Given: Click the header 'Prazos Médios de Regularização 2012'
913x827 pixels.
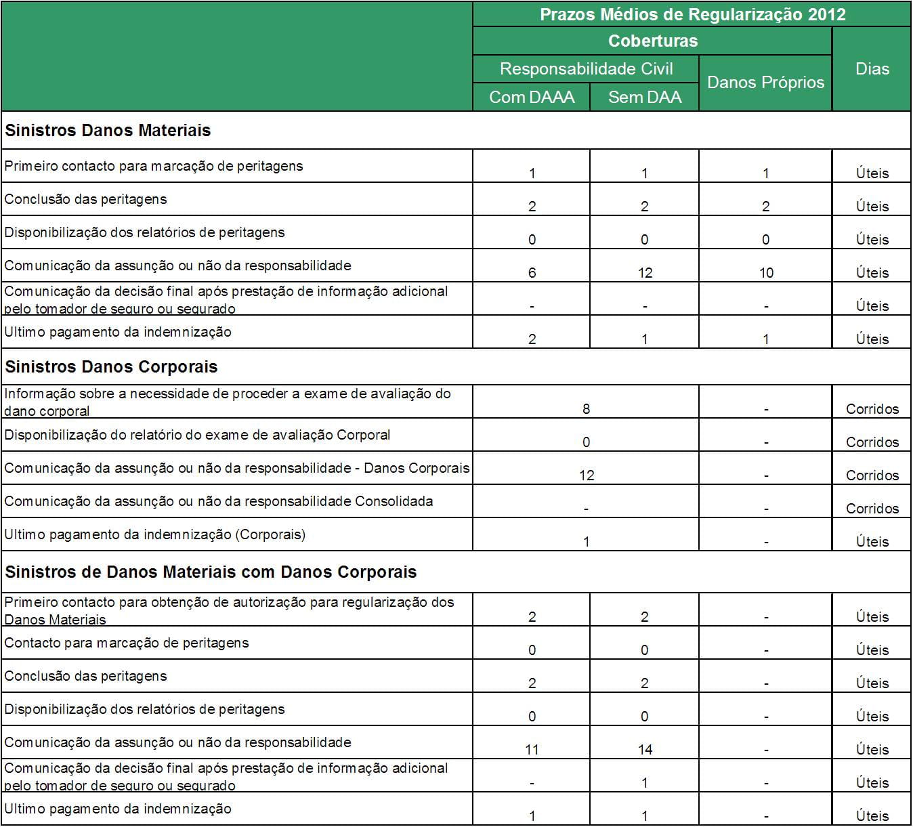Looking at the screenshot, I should click(x=692, y=14).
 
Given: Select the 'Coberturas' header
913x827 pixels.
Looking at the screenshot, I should click(x=652, y=41).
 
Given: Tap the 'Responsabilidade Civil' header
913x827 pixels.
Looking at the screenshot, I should click(x=586, y=69).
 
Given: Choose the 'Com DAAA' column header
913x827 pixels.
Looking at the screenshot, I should click(x=532, y=98).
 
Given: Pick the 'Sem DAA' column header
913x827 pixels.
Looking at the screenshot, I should click(x=644, y=98).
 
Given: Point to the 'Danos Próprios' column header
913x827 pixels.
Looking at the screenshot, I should click(x=765, y=83).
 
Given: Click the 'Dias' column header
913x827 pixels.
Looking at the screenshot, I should click(x=872, y=69).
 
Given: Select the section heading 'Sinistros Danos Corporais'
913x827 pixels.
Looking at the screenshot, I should click(x=111, y=367).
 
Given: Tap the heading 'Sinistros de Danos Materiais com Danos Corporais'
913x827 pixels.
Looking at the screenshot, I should click(x=211, y=572).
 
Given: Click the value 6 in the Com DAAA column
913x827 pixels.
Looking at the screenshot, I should click(x=532, y=273).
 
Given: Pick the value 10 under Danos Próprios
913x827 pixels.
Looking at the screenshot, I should click(x=765, y=273).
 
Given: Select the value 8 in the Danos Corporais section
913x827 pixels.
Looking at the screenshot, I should click(x=586, y=409).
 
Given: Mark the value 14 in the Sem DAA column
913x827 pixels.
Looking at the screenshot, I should click(x=644, y=750).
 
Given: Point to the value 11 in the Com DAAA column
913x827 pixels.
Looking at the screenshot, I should click(x=532, y=750).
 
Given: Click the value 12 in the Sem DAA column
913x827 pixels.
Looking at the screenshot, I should click(x=644, y=273).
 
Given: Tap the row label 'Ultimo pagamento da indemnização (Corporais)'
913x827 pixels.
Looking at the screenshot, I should click(x=154, y=535).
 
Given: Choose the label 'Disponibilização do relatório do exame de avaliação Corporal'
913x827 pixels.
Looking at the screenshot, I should click(x=197, y=436).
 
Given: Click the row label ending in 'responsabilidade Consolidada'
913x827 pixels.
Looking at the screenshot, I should click(x=218, y=502).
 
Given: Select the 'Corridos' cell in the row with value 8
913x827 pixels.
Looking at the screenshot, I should click(x=872, y=409).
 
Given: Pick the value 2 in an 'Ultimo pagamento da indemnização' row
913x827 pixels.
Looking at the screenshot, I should click(x=532, y=339).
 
